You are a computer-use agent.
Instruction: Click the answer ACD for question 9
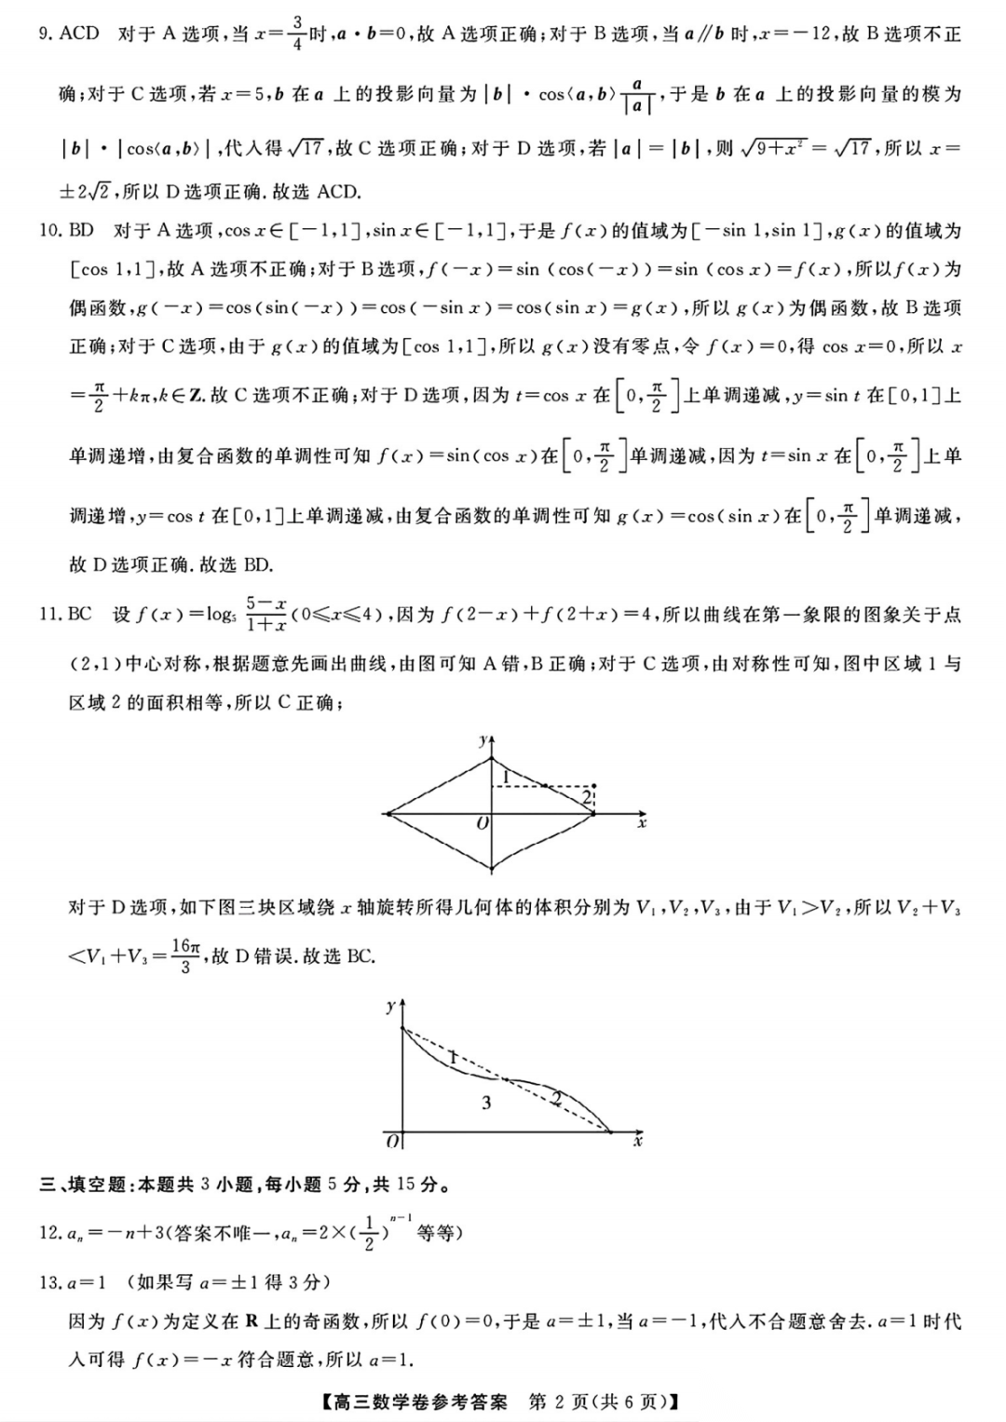click(79, 34)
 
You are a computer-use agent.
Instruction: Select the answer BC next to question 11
click(80, 614)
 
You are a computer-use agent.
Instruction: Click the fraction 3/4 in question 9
click(296, 33)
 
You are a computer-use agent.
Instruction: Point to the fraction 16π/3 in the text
click(185, 955)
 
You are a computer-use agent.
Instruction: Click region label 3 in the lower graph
click(486, 1104)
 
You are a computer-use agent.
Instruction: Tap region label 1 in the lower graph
click(453, 1058)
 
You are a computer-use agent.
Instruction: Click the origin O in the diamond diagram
click(482, 824)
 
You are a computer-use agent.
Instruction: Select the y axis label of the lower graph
click(389, 1006)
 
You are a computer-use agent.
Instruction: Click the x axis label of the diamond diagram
click(642, 823)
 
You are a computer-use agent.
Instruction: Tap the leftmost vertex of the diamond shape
click(386, 814)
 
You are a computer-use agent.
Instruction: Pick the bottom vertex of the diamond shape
click(493, 871)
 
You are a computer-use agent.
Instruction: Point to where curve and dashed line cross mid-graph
click(505, 1080)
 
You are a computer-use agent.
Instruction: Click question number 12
click(50, 1233)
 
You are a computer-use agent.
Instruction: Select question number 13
click(50, 1282)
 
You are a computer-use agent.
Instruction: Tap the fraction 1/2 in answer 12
click(370, 1233)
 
